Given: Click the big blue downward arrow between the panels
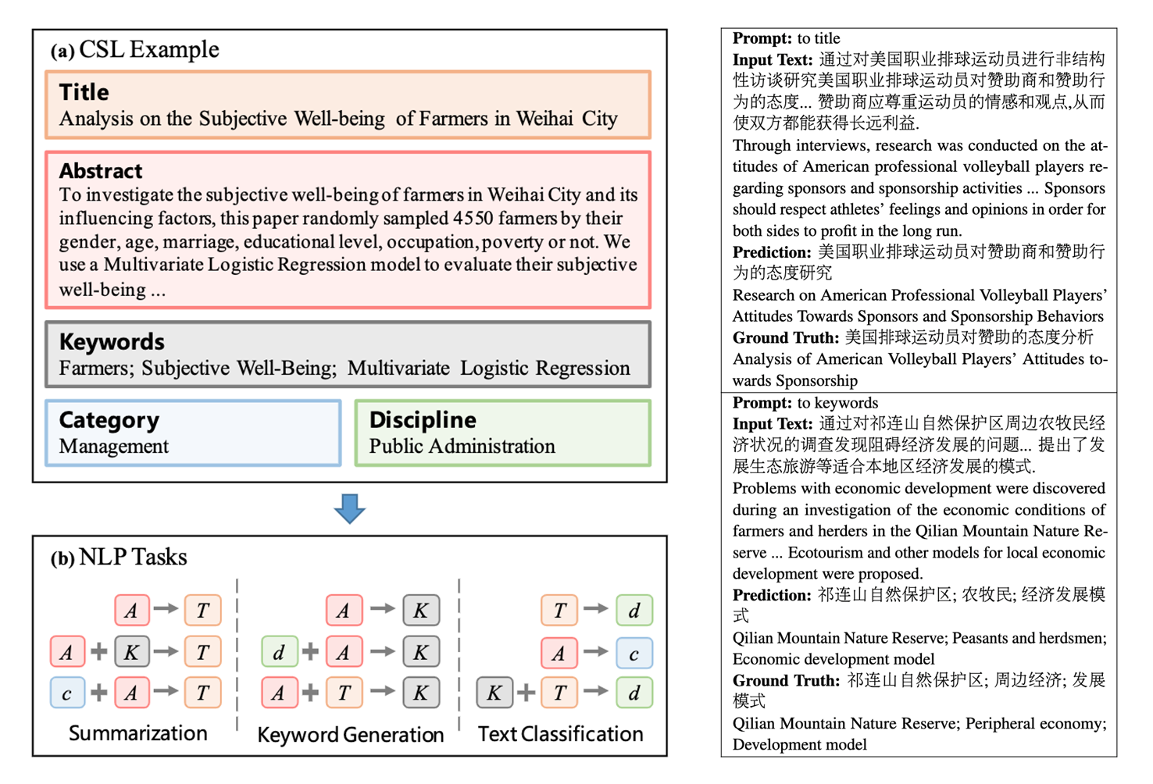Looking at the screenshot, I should coord(349,508).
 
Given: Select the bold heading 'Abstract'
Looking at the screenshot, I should coord(101,171).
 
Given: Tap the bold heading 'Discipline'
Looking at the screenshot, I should coord(423,420).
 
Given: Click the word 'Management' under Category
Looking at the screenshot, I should coord(114,447).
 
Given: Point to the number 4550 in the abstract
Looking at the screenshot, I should coord(473,218).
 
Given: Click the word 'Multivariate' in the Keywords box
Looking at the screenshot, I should coord(398,369).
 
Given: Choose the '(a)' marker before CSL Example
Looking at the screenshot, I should coord(62,52).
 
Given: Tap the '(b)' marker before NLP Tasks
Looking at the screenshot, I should coord(62,559).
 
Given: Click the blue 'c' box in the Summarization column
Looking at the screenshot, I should coord(67,693).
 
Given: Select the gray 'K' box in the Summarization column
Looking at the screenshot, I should coord(131,652).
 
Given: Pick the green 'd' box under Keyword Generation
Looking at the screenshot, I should coord(279,652).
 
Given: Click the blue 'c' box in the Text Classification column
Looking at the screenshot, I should coord(634,653).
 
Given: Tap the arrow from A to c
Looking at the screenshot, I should coord(595,651).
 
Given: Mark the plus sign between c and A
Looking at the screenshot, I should coord(99,693).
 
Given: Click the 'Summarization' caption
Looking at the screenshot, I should coord(138,733).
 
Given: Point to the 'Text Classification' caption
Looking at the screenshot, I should coord(560,734).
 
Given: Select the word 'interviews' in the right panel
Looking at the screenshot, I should coord(821,145).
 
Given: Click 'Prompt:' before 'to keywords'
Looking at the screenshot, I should coord(762,403).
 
